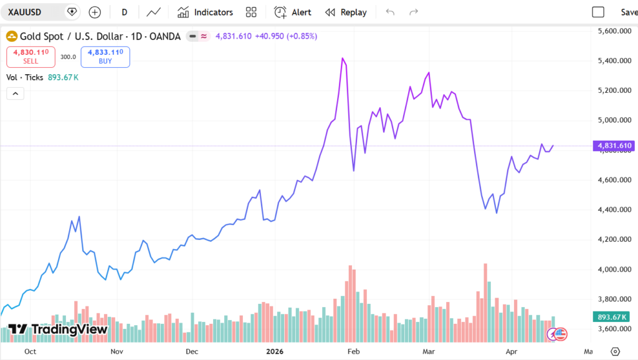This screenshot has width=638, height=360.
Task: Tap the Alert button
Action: (293, 12)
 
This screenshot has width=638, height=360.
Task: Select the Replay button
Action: (346, 12)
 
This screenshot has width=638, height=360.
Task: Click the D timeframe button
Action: (125, 12)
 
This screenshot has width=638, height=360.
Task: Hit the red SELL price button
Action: (31, 57)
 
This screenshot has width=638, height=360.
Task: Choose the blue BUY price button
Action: (105, 57)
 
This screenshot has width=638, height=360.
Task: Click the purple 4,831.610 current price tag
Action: (614, 146)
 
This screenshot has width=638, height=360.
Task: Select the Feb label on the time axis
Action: (354, 351)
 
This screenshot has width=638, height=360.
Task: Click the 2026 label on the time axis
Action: (275, 351)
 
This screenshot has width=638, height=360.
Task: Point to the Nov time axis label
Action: (117, 351)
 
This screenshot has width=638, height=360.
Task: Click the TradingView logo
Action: (59, 329)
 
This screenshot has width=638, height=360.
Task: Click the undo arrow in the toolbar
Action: (391, 12)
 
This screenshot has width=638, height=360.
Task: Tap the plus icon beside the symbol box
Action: (95, 12)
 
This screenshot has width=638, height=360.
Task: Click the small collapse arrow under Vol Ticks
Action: (15, 94)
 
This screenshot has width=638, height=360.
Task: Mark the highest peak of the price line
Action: (343, 58)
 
